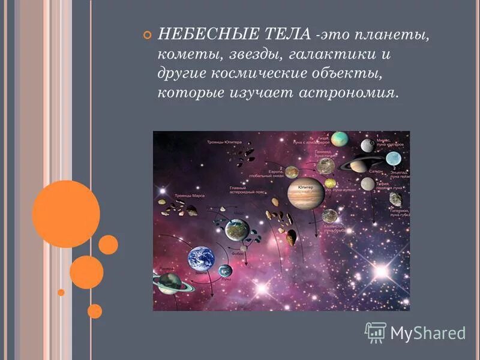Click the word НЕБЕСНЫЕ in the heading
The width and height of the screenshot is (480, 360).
coord(196,35)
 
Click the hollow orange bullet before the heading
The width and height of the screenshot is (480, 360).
coord(148,35)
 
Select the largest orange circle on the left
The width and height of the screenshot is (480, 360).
coord(66,214)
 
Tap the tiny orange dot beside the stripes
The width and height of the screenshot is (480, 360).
coord(61,292)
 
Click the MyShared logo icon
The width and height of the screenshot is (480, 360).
coord(376,332)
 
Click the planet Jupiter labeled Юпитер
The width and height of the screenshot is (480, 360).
coord(305,193)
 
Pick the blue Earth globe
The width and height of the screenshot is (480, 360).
coord(201,259)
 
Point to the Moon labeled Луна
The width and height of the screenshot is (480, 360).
coord(225,271)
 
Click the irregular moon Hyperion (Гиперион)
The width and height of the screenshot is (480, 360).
coord(395,200)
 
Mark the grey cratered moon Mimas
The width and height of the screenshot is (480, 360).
coord(367,145)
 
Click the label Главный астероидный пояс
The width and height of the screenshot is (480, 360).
coord(244,191)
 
